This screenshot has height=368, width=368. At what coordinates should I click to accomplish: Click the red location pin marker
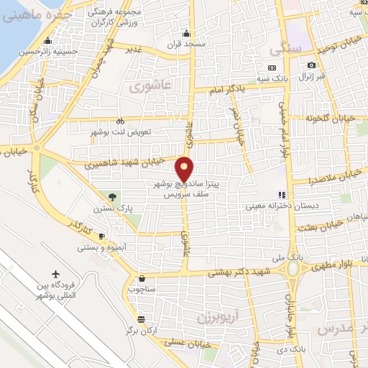pyautogui.click(x=185, y=168)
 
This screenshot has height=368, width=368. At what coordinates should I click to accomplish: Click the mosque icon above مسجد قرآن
pyautogui.click(x=187, y=32)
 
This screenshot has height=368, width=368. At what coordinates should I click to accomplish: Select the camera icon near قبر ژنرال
pyautogui.click(x=310, y=65)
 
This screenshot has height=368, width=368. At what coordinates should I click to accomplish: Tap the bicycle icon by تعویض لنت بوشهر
pyautogui.click(x=120, y=121)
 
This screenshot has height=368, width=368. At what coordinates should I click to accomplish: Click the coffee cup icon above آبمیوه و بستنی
pyautogui.click(x=101, y=236)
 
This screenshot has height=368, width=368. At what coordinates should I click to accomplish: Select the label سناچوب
pyautogui.click(x=141, y=290)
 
